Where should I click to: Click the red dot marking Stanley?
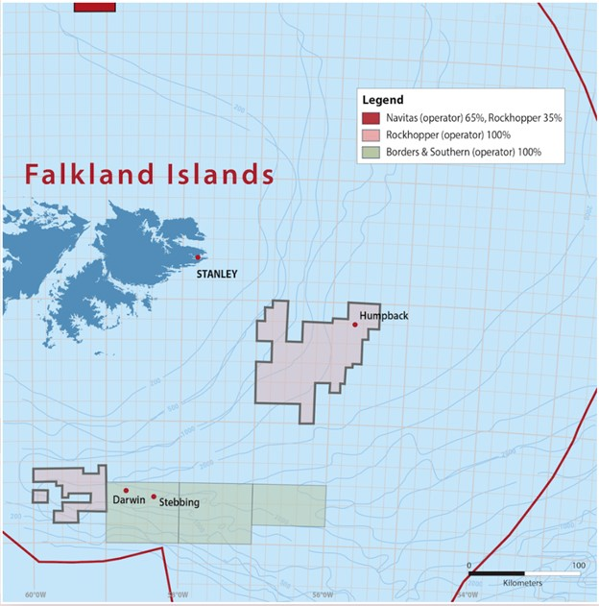click(x=198, y=257)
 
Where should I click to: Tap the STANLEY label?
click(x=216, y=274)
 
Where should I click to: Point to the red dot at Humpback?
click(x=355, y=325)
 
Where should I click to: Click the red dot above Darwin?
click(x=126, y=491)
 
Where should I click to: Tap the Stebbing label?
click(x=180, y=501)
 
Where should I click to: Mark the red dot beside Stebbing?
click(x=154, y=497)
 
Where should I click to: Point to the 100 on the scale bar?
click(x=579, y=565)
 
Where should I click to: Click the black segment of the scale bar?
click(x=496, y=573)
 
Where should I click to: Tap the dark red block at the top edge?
click(x=95, y=6)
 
